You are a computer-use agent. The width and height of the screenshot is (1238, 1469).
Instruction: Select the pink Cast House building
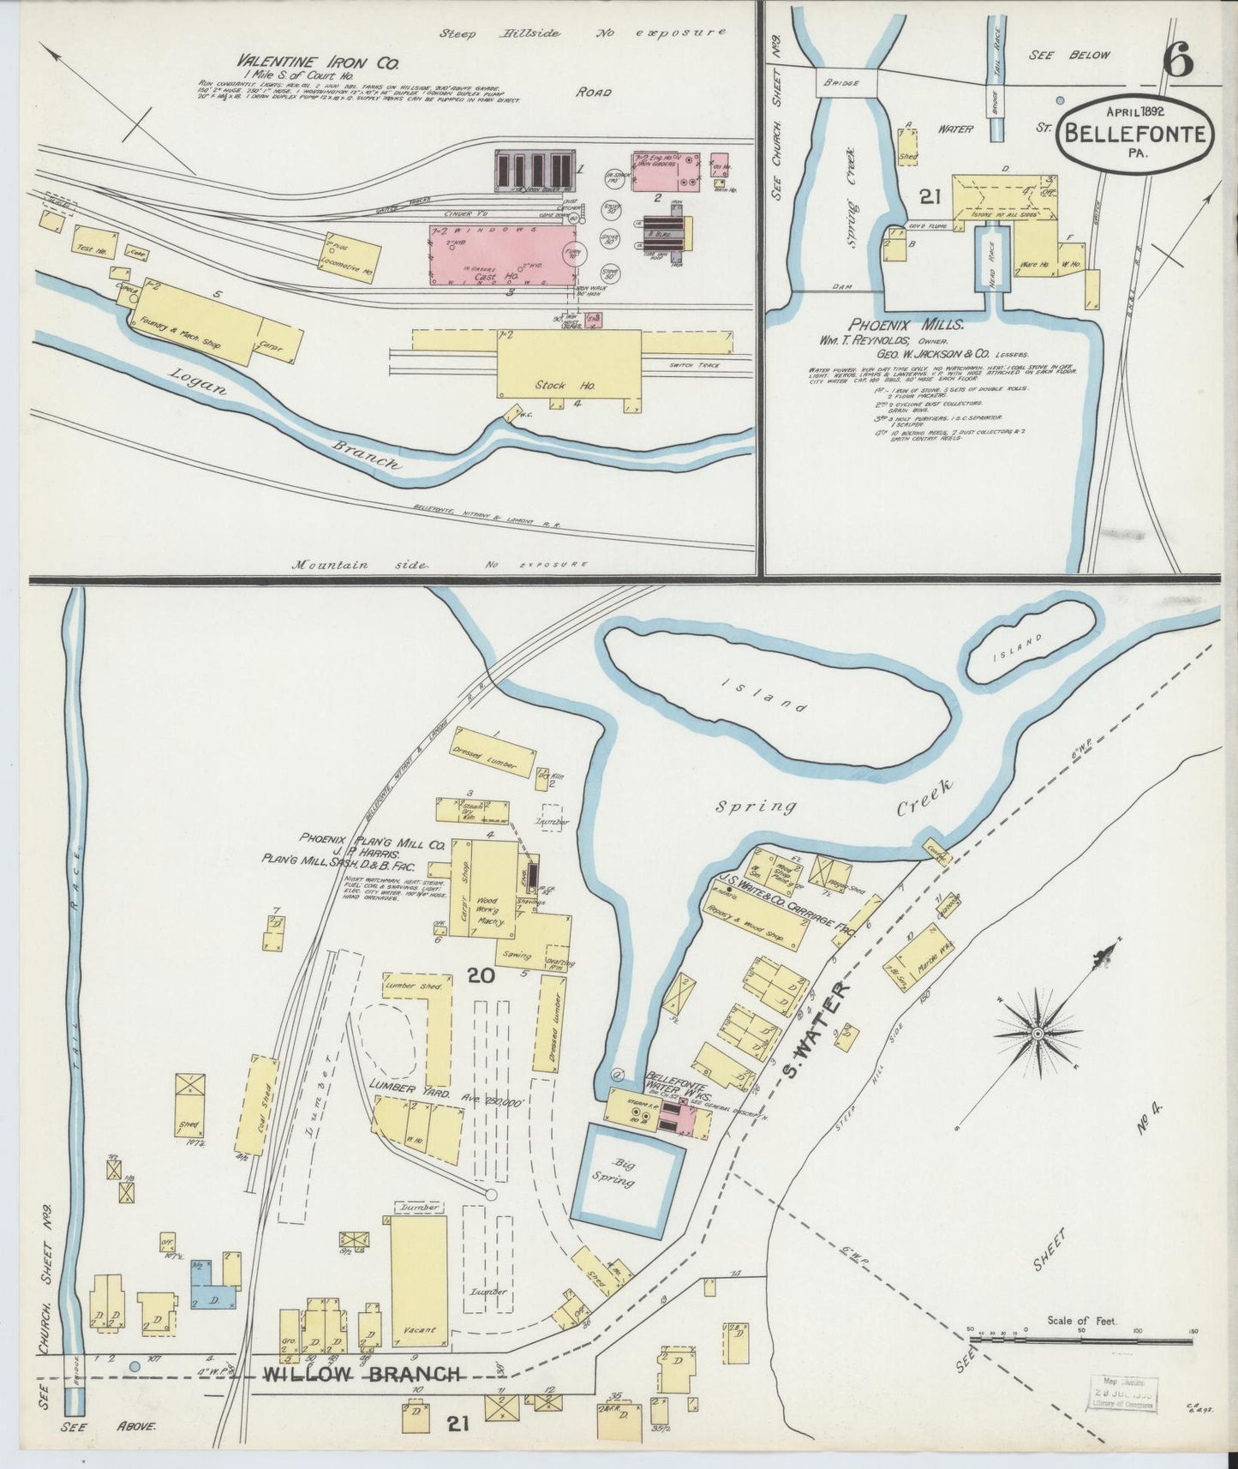click(497, 255)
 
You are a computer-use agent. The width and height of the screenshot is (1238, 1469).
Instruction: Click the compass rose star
click(1037, 1034)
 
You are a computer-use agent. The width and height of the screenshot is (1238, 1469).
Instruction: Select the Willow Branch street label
click(362, 1375)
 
